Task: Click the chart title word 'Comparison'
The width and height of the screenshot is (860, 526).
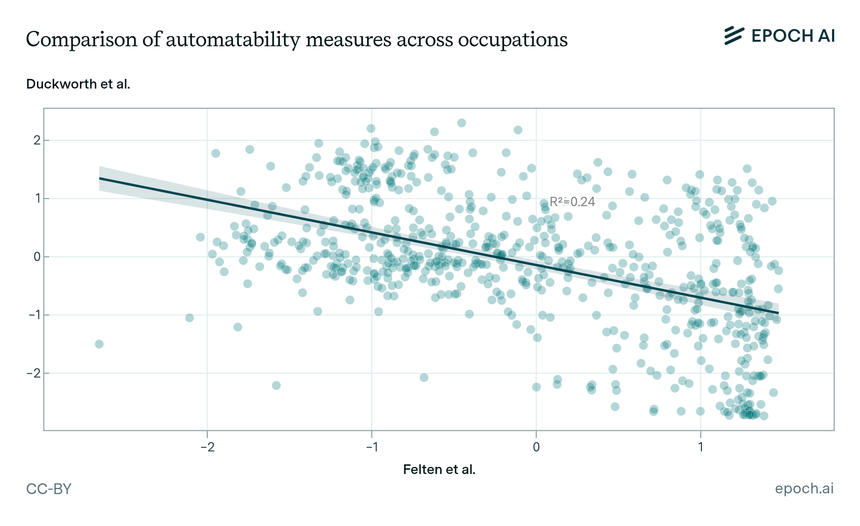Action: [x=82, y=39]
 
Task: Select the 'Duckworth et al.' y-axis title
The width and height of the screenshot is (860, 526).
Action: [x=78, y=84]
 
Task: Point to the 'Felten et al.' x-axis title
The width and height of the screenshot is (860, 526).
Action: [x=439, y=469]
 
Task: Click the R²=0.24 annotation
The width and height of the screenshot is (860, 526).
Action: [x=572, y=202]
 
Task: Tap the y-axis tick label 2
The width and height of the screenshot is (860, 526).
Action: [x=37, y=140]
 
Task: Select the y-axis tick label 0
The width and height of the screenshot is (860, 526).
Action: [x=37, y=257]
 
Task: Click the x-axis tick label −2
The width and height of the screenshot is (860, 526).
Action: [x=207, y=447]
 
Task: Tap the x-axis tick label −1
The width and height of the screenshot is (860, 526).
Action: [x=372, y=447]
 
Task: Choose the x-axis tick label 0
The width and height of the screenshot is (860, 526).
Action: [x=536, y=447]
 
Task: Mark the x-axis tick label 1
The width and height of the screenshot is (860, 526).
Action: [x=701, y=447]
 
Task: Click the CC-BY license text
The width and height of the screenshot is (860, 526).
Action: [x=49, y=489]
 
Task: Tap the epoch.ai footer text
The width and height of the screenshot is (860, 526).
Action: [x=804, y=488]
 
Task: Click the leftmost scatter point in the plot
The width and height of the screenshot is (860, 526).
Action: [x=99, y=344]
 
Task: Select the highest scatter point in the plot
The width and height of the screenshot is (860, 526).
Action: [x=462, y=123]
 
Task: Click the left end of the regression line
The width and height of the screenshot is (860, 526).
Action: [x=100, y=178]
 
